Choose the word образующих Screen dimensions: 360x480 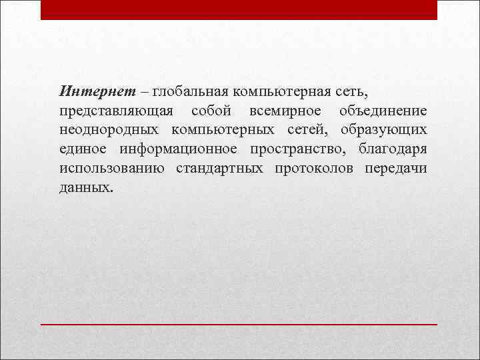click(383, 129)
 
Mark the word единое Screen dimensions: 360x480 click(83, 148)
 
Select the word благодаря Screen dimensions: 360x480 click(393, 148)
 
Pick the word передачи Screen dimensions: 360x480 click(396, 167)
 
